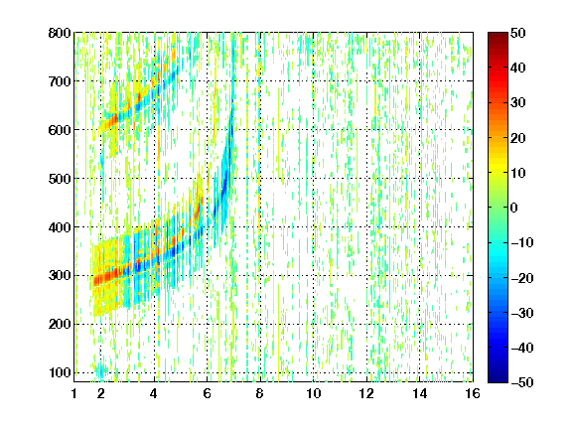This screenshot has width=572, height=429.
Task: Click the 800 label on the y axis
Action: click(x=60, y=33)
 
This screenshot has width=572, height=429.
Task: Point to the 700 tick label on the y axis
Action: click(x=60, y=81)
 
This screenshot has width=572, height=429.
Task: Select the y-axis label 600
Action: click(x=60, y=130)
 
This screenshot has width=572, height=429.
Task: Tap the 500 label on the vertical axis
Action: click(x=60, y=179)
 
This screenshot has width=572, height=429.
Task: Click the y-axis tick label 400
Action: click(x=60, y=227)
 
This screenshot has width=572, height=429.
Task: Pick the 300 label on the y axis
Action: click(x=60, y=275)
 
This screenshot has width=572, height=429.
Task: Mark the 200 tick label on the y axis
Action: click(x=60, y=324)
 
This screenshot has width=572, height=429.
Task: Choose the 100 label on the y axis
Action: click(x=60, y=372)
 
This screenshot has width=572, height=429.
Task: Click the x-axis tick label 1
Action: click(x=74, y=393)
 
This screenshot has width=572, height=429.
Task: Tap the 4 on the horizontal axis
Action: click(x=154, y=393)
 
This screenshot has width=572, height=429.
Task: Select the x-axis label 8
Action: click(x=259, y=393)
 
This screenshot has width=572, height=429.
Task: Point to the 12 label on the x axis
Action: click(x=366, y=393)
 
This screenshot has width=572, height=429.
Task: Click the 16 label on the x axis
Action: click(x=473, y=393)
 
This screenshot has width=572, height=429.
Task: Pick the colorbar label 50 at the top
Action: click(x=517, y=33)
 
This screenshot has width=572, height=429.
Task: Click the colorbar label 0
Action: click(x=514, y=208)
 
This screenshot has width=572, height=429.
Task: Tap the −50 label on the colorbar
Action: click(x=522, y=382)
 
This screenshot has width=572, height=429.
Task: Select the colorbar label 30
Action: click(x=517, y=103)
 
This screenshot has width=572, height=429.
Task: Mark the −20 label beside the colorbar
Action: click(x=522, y=278)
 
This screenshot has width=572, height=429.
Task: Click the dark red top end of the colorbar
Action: click(x=498, y=34)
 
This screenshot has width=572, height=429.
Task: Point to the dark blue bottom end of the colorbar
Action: click(x=498, y=380)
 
